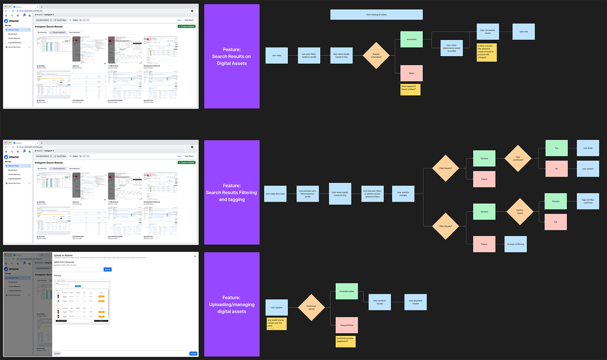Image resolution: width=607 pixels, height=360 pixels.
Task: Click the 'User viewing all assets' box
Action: (x=376, y=15)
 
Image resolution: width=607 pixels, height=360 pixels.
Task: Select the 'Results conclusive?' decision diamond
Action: (x=376, y=55)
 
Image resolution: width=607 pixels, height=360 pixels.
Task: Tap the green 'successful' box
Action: (x=411, y=39)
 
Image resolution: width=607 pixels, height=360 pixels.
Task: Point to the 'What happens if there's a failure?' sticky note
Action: (x=410, y=89)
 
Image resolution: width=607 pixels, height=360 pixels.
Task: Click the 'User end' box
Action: (x=523, y=32)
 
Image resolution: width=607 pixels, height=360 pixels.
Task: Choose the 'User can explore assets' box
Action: (x=487, y=32)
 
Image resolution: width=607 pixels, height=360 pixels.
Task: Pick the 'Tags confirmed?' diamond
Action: (x=518, y=158)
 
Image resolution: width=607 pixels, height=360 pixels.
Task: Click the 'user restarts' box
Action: (x=588, y=169)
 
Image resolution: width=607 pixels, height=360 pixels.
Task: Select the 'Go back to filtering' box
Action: (x=515, y=244)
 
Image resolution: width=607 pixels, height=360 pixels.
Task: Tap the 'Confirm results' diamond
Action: (x=519, y=212)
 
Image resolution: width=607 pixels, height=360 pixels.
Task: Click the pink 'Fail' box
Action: (x=555, y=222)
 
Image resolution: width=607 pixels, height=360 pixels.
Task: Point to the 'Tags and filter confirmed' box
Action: (x=588, y=201)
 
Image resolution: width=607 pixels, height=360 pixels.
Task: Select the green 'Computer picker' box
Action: (x=347, y=291)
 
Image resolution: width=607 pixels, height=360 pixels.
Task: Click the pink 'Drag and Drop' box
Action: (x=347, y=325)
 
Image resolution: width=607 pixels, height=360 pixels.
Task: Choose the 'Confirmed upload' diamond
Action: (x=311, y=307)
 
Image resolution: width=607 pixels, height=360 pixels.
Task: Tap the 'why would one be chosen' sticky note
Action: (x=276, y=323)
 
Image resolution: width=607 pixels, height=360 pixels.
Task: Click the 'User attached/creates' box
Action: (x=415, y=302)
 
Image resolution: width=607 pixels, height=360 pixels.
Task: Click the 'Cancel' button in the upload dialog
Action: (x=57, y=354)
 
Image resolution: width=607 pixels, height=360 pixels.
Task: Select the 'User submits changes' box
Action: (x=403, y=194)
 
